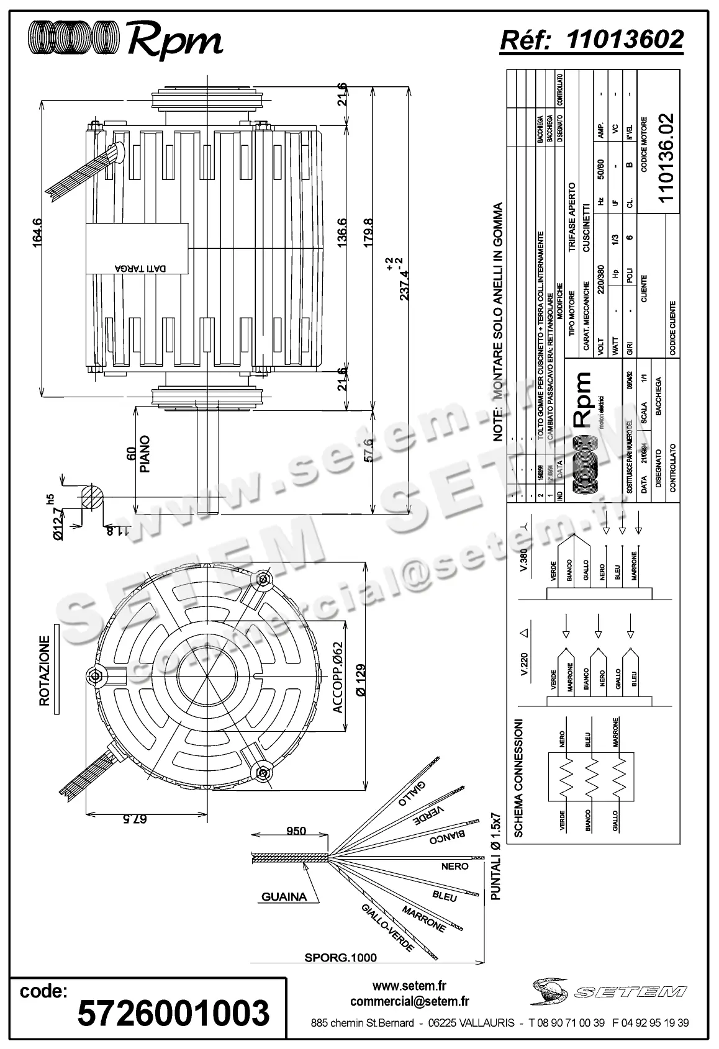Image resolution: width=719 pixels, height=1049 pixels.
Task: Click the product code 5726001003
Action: [x=173, y=1013]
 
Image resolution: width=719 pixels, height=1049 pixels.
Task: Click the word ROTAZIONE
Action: [x=44, y=670]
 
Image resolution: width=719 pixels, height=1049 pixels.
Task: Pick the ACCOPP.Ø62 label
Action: [x=338, y=686]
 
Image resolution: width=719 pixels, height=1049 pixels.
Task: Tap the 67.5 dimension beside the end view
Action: [x=135, y=819]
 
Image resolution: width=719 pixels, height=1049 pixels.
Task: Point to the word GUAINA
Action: [x=284, y=896]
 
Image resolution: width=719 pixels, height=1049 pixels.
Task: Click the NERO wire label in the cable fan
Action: [x=454, y=866]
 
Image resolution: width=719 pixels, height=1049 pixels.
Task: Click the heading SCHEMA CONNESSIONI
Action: [x=519, y=779]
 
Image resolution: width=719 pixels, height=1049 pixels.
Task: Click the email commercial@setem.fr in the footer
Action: [x=410, y=1001]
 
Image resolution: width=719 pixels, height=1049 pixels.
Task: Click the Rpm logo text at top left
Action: [x=175, y=42]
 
